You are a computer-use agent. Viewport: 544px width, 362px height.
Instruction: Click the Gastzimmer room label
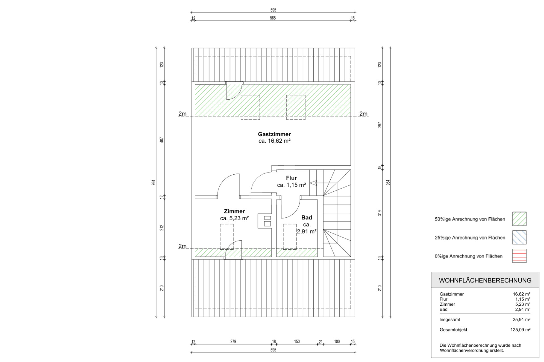tap(274, 134)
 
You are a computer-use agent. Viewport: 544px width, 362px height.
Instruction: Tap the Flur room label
tap(291, 178)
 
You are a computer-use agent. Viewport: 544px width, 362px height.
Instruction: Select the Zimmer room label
tap(234, 211)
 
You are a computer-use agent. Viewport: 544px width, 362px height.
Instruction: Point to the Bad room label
tap(307, 217)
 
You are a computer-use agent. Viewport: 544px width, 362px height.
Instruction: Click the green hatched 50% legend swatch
tap(519, 219)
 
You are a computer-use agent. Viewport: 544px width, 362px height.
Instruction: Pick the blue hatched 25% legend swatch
tap(519, 237)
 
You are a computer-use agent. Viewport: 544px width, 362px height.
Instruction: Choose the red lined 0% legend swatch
tap(519, 256)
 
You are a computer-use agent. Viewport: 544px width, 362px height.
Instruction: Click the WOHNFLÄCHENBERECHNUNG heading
tap(485, 280)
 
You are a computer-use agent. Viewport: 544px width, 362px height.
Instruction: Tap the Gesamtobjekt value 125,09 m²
tap(520, 330)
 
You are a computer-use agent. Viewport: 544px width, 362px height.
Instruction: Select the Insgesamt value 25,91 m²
tap(521, 320)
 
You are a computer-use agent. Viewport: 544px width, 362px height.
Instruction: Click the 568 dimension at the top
tap(273, 18)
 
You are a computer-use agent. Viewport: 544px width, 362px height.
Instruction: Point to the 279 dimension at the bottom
tap(233, 341)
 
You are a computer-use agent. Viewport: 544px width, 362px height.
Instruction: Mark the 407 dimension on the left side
tap(162, 140)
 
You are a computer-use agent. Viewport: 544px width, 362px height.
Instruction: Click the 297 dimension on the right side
tap(380, 125)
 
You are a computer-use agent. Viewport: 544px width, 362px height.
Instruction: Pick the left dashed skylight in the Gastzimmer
tap(250, 107)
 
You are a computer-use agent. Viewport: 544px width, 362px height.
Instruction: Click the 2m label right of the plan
tap(363, 114)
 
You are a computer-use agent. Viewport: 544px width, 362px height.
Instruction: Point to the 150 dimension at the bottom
tap(297, 341)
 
